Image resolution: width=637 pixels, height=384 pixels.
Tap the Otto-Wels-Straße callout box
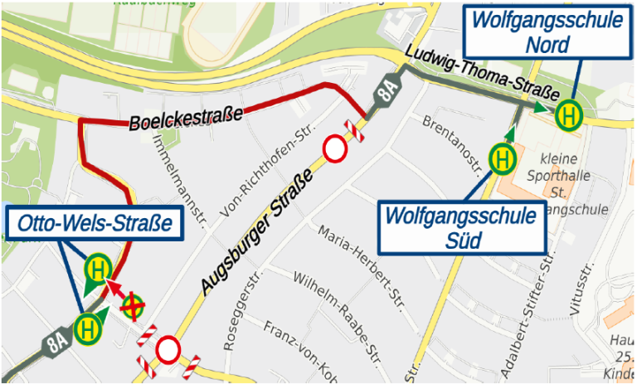[95, 223]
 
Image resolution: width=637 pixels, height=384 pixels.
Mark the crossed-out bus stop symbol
[132, 307]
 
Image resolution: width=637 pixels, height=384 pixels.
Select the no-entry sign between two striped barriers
[168, 349]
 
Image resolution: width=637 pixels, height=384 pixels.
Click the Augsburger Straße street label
[259, 230]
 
